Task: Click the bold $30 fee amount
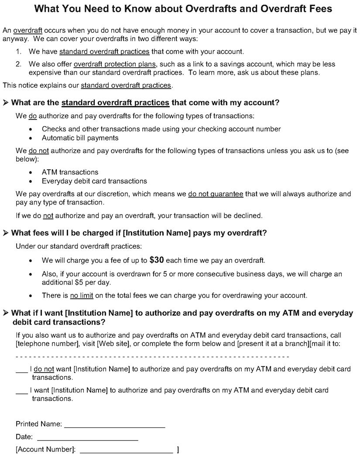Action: [x=156, y=260]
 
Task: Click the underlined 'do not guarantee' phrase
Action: [x=216, y=194]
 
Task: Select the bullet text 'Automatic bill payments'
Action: [x=80, y=138]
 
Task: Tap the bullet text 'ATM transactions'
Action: [x=70, y=172]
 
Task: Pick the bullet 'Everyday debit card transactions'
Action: [x=94, y=181]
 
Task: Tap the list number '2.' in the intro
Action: [x=19, y=64]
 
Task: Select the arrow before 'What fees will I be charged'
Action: [x=6, y=233]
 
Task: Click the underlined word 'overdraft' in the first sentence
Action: [x=27, y=31]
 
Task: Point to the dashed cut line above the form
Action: [x=153, y=357]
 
